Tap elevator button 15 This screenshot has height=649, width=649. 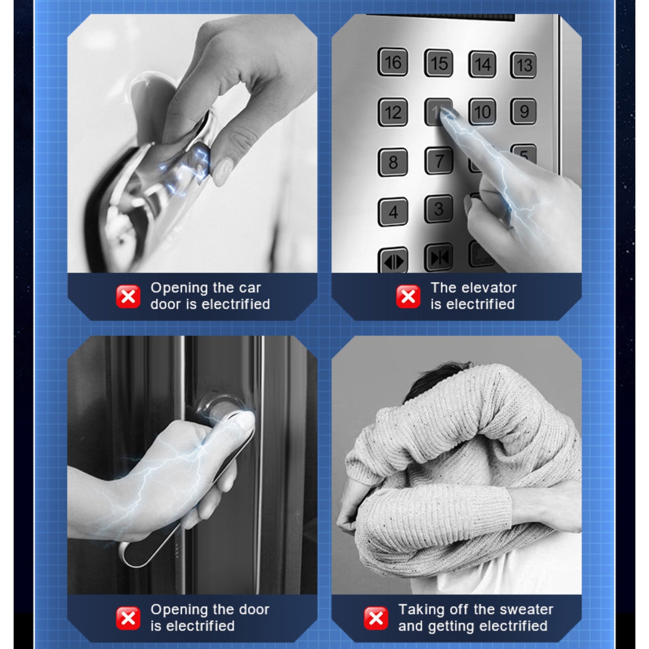click(x=438, y=63)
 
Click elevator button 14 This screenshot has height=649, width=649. click(x=482, y=64)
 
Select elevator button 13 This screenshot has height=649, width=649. click(x=524, y=65)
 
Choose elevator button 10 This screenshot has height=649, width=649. click(x=482, y=112)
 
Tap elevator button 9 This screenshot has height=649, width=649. click(x=524, y=111)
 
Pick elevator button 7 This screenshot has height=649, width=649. click(x=439, y=161)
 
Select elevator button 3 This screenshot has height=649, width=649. click(x=439, y=209)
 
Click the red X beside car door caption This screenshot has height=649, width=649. click(x=128, y=296)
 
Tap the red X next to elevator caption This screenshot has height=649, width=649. click(x=408, y=296)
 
